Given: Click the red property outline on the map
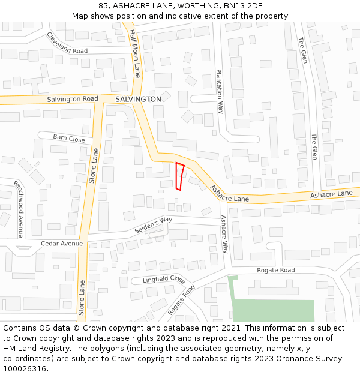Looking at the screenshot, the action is [x=179, y=176].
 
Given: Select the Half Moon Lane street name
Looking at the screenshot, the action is [x=136, y=54].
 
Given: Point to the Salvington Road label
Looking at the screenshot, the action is [x=73, y=98].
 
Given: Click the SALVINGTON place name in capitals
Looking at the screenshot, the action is [x=138, y=99].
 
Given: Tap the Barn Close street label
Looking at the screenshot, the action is [x=69, y=138].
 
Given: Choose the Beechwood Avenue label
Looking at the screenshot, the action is [x=19, y=209].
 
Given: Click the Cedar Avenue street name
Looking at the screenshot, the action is [x=62, y=244].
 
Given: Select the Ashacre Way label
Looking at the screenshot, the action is [x=224, y=235].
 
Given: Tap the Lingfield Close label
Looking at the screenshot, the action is [x=164, y=280].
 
